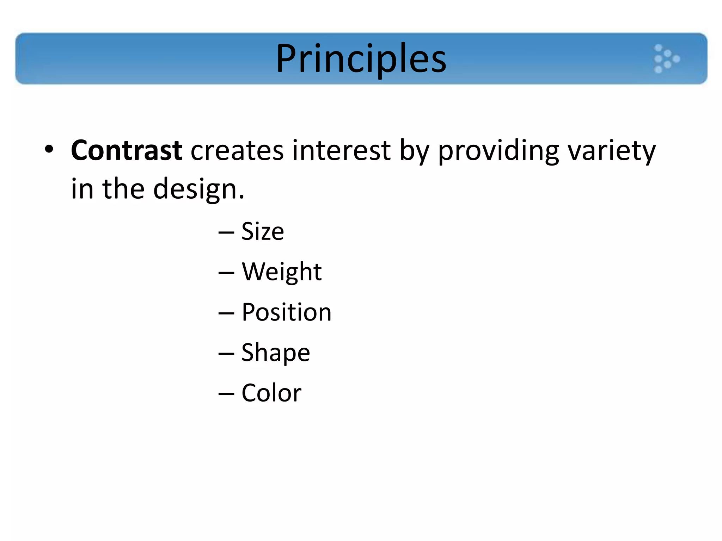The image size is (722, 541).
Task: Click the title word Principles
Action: click(x=361, y=58)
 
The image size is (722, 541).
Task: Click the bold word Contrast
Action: click(x=127, y=150)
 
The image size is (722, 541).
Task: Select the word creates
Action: click(x=237, y=150)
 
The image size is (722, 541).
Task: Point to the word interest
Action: click(x=341, y=150)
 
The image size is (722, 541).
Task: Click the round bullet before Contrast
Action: click(x=49, y=149)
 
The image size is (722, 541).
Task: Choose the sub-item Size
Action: click(x=263, y=231)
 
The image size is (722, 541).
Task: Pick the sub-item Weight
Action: click(x=282, y=272)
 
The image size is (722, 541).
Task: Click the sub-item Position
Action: click(x=286, y=312)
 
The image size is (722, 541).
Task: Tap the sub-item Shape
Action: click(x=276, y=353)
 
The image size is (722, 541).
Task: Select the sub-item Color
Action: click(x=271, y=393)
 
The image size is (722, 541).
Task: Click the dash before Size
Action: click(x=226, y=232)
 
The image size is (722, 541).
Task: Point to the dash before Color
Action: click(x=226, y=394)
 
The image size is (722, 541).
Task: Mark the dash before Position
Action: click(x=226, y=313)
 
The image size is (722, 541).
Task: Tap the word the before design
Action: click(x=123, y=189)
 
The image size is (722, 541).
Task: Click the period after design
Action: click(x=241, y=197)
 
